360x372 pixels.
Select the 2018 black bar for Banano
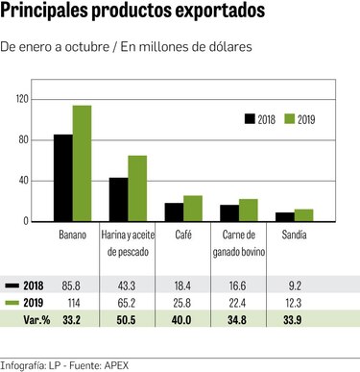point(63,178)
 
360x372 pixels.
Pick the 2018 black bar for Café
point(174,211)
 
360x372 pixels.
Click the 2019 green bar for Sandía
point(304,215)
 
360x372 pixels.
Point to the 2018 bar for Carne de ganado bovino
point(229,212)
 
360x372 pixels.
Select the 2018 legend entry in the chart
point(260,119)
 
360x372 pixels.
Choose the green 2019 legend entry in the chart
point(300,119)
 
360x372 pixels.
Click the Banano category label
point(72,234)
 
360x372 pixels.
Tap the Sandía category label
point(296,234)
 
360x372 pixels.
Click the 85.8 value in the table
point(72,285)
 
